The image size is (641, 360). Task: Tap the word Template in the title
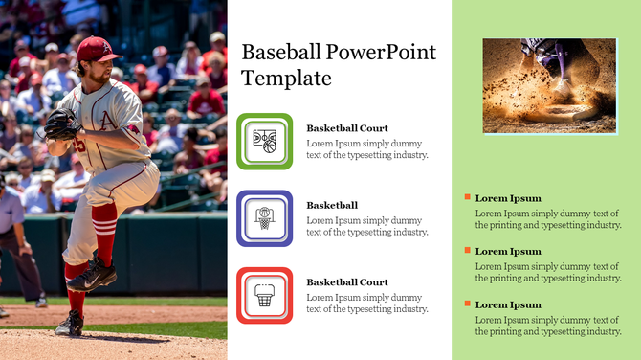pos(286,79)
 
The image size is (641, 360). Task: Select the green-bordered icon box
pos(264,142)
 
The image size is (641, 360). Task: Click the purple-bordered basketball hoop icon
pos(264,218)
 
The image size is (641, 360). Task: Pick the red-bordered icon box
pos(264,295)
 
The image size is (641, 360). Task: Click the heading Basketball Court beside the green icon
pos(346,128)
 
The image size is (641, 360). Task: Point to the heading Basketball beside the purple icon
pos(332,205)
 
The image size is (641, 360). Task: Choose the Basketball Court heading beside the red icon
pos(346,282)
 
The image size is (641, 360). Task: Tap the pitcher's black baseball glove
pos(61,124)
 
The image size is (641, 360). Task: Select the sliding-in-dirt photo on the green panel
pos(548,85)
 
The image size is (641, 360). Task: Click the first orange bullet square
pos(467,197)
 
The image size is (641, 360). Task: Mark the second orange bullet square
pos(467,250)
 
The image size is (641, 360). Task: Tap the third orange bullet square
pos(467,304)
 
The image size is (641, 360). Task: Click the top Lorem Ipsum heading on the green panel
pos(508,198)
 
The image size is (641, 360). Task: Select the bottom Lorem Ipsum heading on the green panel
pos(508,304)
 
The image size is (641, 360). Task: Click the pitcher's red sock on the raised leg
pos(104,236)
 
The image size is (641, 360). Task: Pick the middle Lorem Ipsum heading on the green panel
pos(508,251)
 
